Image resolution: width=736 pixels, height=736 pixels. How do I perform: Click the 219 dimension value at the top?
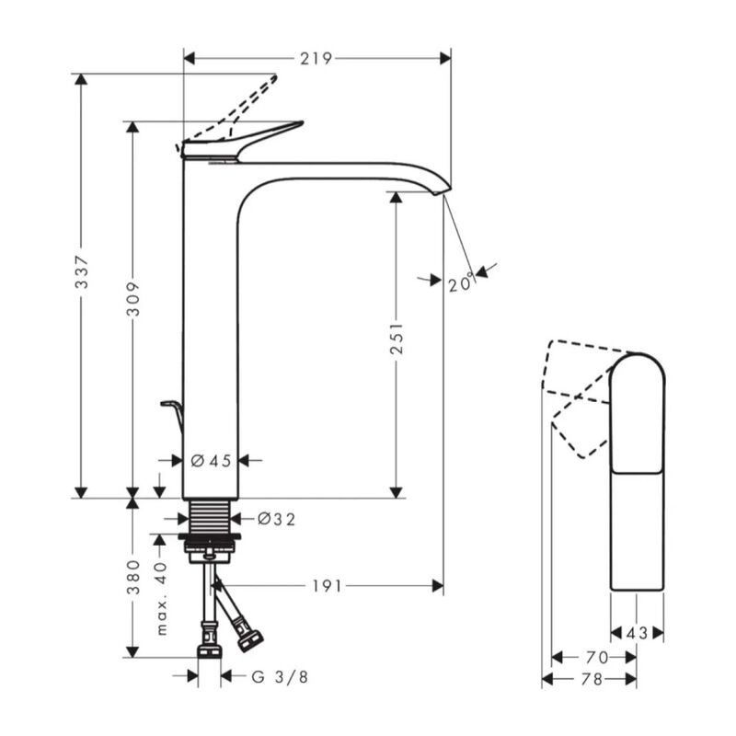[316, 58]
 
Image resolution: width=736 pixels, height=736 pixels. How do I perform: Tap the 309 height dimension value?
[133, 298]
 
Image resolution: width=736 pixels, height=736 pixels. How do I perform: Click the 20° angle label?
[461, 283]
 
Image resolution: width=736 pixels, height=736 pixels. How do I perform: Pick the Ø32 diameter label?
[276, 520]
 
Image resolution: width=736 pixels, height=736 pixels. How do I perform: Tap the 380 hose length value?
[133, 577]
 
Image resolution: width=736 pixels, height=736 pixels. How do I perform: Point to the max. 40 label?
[161, 600]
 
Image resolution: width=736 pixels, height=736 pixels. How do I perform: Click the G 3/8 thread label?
[280, 677]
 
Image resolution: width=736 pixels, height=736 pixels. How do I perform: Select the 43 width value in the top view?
[637, 633]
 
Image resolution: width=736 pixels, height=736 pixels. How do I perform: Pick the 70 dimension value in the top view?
[596, 657]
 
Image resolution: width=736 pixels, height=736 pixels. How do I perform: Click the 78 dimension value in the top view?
[592, 679]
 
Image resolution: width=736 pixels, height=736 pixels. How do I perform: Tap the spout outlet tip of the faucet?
[442, 188]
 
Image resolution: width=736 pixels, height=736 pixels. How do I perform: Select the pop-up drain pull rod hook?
[172, 410]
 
